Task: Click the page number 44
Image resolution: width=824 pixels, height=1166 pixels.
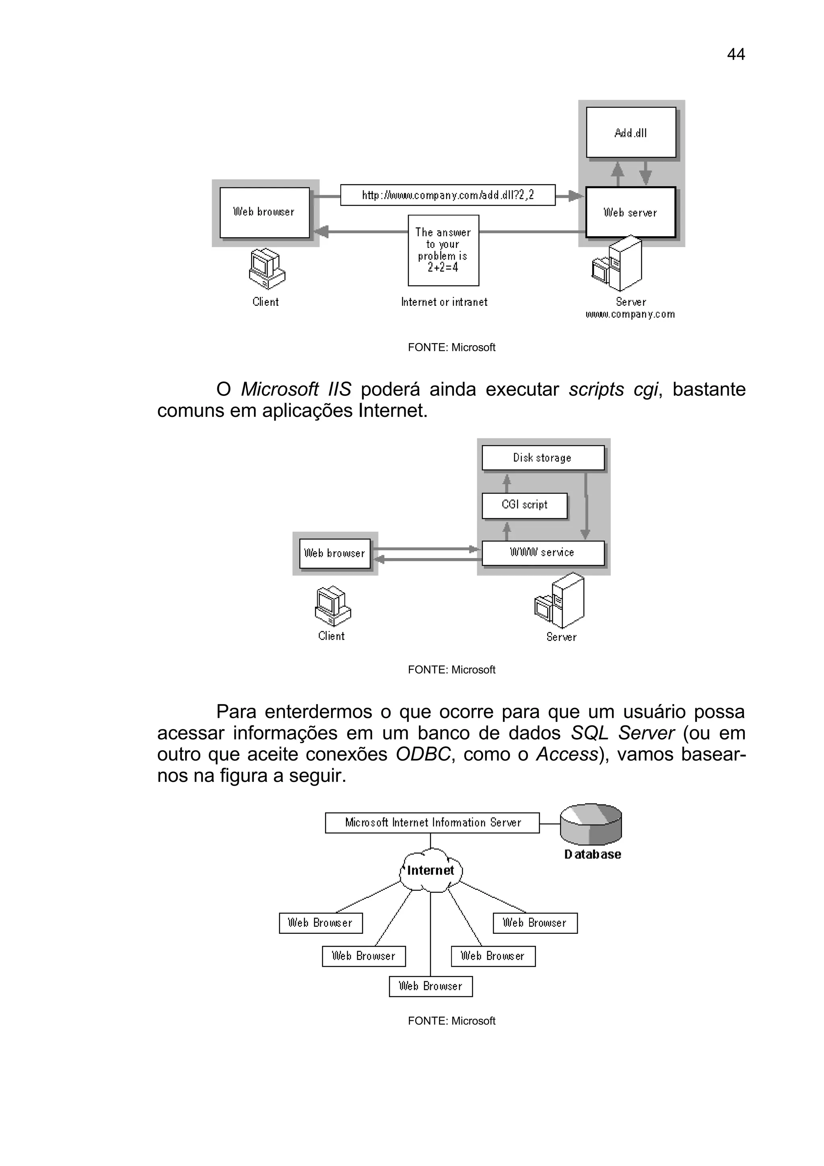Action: (735, 54)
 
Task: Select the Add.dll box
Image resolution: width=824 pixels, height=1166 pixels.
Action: (630, 132)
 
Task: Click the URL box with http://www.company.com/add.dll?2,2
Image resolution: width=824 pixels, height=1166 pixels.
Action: (447, 195)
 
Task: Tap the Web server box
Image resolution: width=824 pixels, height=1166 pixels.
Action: (630, 212)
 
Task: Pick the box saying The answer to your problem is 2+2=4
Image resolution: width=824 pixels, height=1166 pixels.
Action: (443, 250)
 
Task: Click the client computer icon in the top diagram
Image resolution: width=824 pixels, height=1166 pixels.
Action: (266, 269)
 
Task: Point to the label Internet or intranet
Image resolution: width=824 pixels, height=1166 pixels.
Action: (444, 302)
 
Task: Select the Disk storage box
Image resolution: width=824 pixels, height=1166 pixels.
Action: (542, 457)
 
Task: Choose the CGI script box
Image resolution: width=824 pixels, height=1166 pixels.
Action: (525, 505)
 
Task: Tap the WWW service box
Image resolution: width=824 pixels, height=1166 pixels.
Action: (542, 552)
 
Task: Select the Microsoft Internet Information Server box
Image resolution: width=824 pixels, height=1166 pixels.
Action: (432, 823)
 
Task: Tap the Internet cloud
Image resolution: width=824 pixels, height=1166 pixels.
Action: (431, 870)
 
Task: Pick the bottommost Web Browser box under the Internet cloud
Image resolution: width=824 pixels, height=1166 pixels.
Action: (431, 986)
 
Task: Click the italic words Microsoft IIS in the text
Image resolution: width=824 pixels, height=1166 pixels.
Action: (296, 389)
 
